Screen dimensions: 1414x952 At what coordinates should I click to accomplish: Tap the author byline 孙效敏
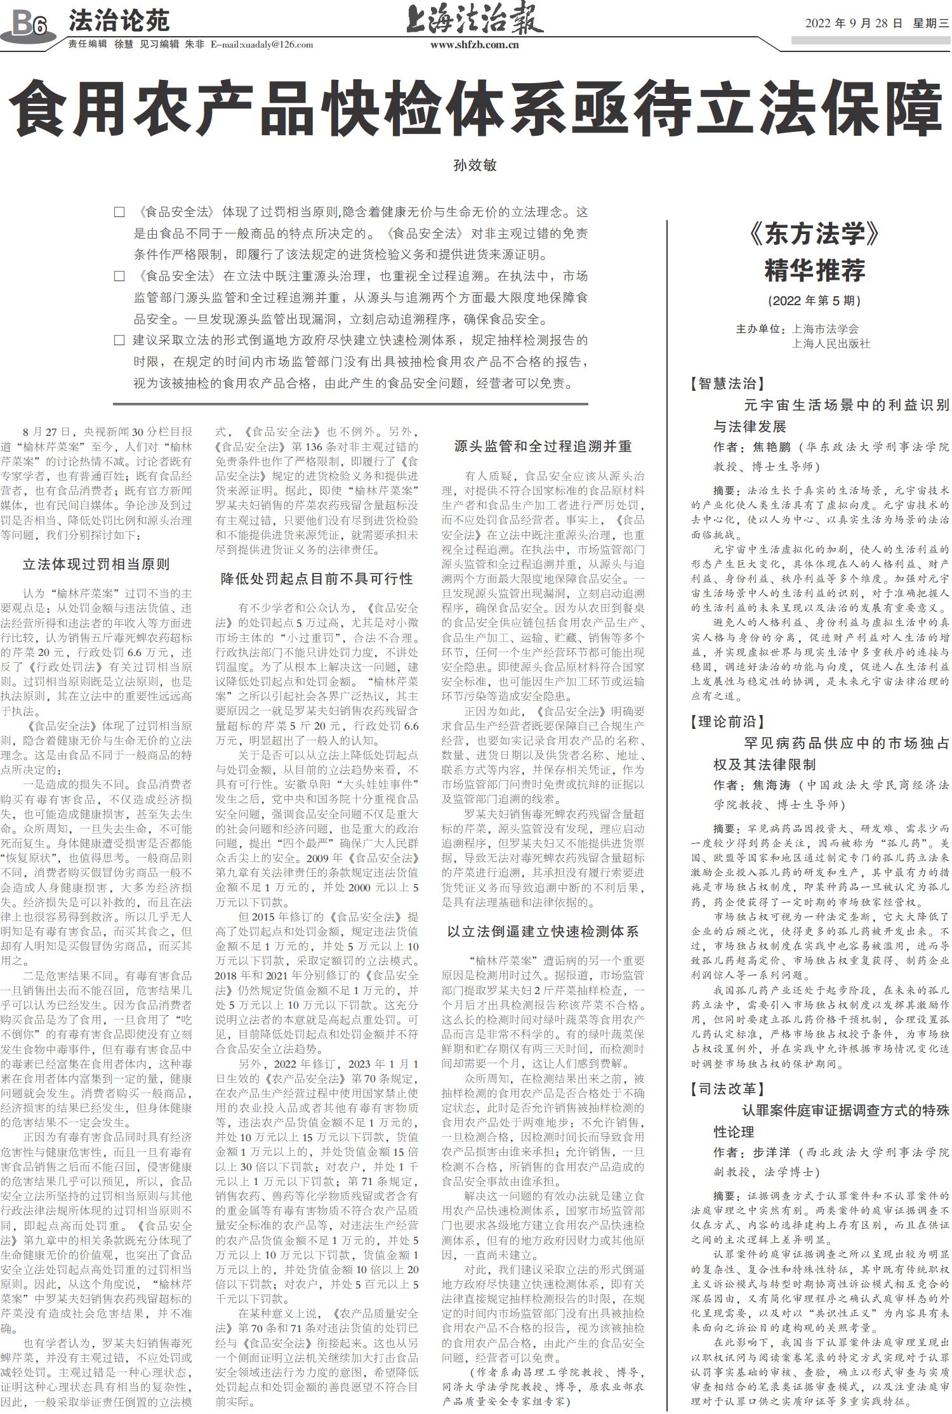click(x=475, y=166)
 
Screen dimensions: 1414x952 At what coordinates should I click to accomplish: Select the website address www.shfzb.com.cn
click(x=474, y=44)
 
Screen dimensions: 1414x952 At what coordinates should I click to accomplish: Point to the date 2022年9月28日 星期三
click(x=876, y=23)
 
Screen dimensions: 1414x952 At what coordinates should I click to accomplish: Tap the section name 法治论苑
click(x=119, y=21)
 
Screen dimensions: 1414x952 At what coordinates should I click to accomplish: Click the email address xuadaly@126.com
click(x=278, y=44)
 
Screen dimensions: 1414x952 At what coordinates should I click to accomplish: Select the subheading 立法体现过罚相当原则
click(x=96, y=564)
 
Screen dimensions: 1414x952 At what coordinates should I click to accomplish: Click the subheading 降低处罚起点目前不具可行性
click(x=317, y=579)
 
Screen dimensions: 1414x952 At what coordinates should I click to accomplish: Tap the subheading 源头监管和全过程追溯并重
click(x=543, y=447)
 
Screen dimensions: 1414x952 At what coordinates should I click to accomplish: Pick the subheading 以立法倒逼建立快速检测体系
click(x=543, y=931)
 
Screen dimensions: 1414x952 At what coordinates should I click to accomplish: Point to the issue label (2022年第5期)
click(x=814, y=300)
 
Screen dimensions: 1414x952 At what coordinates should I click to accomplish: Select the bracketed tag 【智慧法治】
click(x=727, y=383)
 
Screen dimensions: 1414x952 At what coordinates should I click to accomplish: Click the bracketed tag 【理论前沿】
click(x=727, y=721)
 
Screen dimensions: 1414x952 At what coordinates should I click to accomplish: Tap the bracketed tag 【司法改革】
click(x=727, y=1089)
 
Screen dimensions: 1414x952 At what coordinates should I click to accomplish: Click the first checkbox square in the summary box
click(x=119, y=213)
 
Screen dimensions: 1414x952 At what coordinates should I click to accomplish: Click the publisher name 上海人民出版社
click(x=831, y=344)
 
